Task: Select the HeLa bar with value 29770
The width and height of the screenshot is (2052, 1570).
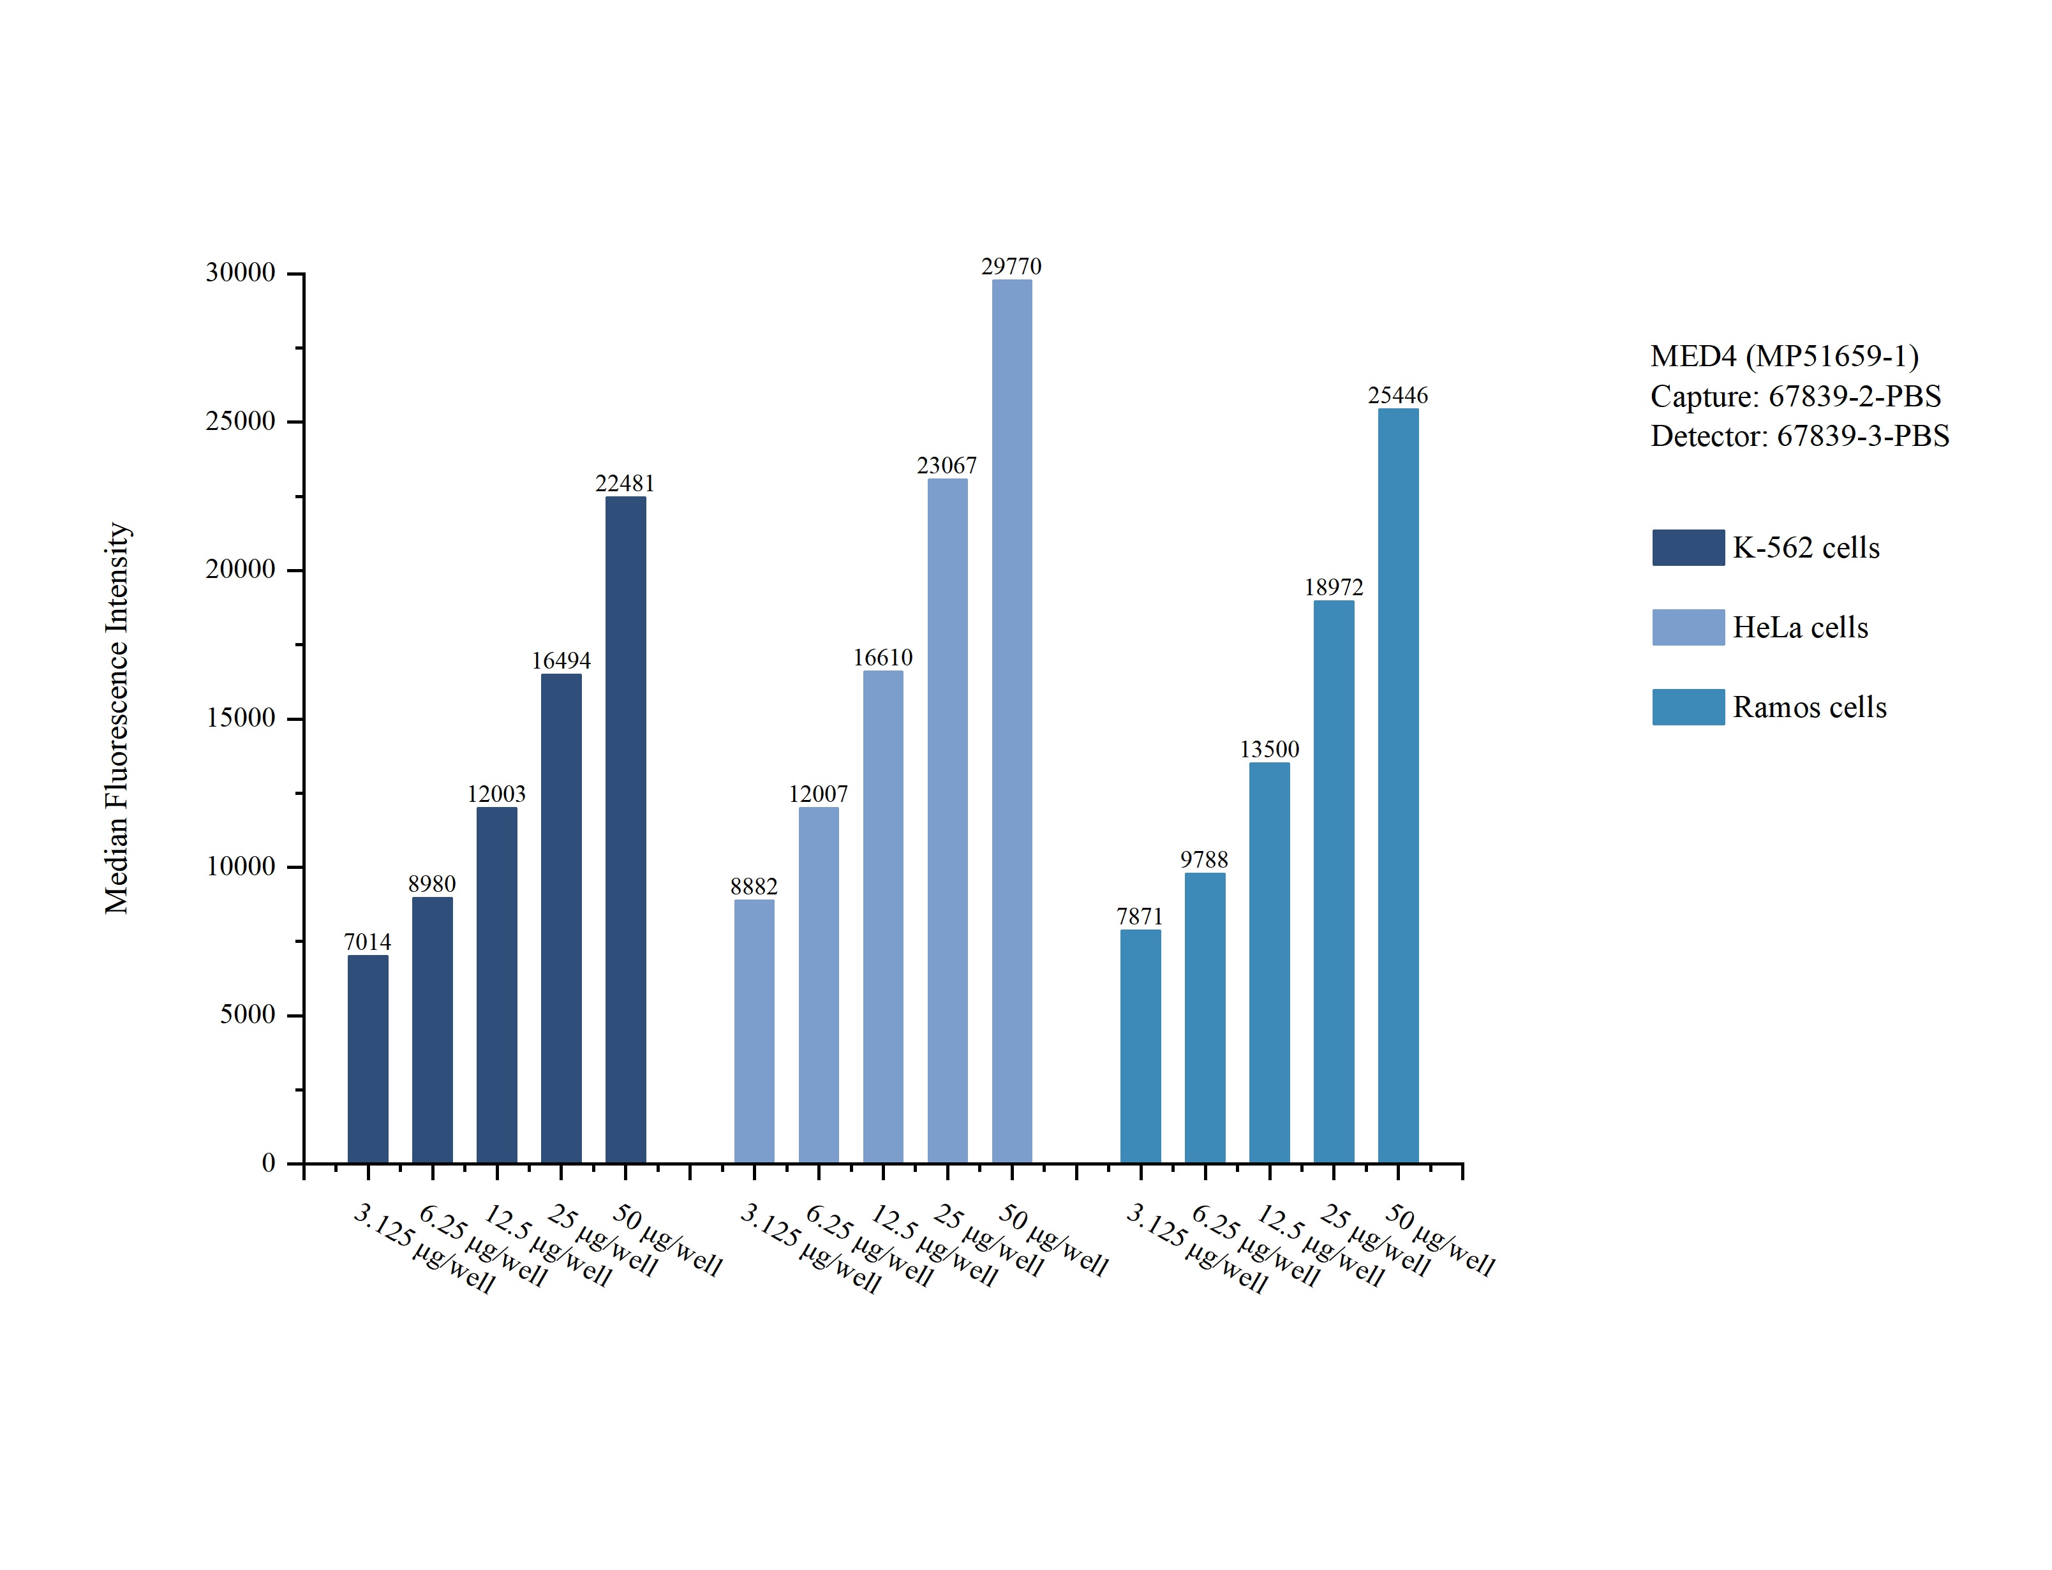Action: coord(1012,722)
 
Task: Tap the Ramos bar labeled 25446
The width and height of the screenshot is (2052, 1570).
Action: coord(1398,786)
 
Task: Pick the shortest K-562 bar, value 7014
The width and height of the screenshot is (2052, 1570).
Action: coord(368,1059)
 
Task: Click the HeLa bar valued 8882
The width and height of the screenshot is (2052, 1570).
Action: coord(754,1032)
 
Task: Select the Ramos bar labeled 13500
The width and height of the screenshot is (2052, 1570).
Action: coord(1269,963)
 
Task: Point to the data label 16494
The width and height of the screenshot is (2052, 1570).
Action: coord(561,661)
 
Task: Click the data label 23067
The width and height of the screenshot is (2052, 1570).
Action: coord(947,466)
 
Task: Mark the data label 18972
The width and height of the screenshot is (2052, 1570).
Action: coord(1334,587)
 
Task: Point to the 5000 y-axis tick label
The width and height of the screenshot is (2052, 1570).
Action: coord(248,1015)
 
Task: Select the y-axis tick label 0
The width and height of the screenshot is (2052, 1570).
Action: coord(268,1164)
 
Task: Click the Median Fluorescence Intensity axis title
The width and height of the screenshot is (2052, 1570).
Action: coord(117,718)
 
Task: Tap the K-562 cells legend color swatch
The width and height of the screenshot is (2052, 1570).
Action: coord(1688,547)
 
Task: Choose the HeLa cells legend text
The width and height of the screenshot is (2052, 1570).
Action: coord(1800,627)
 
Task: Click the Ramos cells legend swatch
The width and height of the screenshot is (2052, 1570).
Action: coord(1688,707)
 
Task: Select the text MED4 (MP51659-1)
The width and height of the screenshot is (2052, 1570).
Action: coord(1784,356)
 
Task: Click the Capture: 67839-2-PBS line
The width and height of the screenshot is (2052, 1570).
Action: coord(1795,396)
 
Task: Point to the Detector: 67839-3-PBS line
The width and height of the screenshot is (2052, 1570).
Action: coord(1799,436)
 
